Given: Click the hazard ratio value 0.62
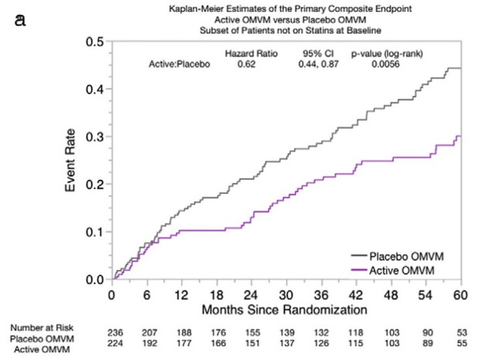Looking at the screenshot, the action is (x=247, y=64).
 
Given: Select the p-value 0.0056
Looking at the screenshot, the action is (x=385, y=64).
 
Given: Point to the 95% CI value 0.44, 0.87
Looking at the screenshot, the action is (x=319, y=64).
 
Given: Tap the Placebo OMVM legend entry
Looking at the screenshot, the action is (x=398, y=256).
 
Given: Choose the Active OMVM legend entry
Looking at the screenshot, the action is (x=393, y=270).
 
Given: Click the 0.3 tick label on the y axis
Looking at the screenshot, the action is (x=95, y=137).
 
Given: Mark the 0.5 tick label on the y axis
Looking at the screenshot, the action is (x=95, y=41).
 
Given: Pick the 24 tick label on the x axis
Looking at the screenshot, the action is (x=251, y=295).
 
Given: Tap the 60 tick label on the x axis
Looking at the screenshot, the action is (x=460, y=295).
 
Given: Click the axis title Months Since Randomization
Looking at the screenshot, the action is (x=285, y=310).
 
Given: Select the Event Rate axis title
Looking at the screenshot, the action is (x=70, y=160).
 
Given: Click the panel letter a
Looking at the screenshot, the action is (x=20, y=20).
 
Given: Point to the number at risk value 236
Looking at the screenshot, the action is (x=115, y=333).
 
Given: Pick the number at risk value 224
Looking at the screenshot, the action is (x=115, y=343).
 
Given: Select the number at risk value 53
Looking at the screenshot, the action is (x=462, y=333).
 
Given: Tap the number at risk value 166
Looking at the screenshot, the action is (x=219, y=343).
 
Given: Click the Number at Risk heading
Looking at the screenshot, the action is (x=42, y=328).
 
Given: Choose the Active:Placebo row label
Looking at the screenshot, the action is (x=180, y=64).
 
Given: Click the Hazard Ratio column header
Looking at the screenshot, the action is (x=251, y=54).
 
